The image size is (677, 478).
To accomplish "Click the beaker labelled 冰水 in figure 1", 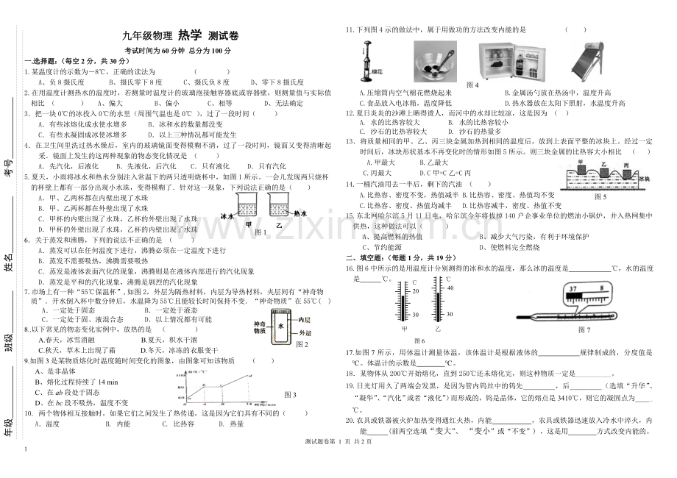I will click(249, 205).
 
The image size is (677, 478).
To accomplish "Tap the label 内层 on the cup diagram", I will click(300, 321).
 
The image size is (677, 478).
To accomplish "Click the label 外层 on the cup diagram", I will click(300, 333).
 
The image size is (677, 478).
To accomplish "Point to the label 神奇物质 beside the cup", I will click(260, 328).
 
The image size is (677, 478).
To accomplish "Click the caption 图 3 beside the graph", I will click(290, 395).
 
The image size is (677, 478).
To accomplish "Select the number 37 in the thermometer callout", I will click(570, 289).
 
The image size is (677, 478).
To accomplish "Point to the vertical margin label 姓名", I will click(10, 261).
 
